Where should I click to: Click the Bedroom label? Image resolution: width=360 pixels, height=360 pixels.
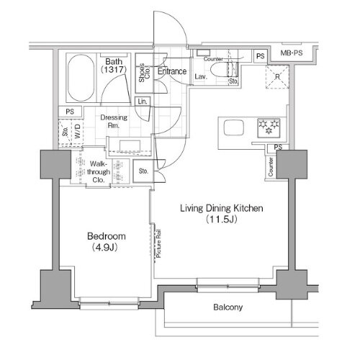(107, 236)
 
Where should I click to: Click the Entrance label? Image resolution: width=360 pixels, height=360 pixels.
(173, 72)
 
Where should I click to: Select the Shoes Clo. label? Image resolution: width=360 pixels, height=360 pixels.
(144, 73)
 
